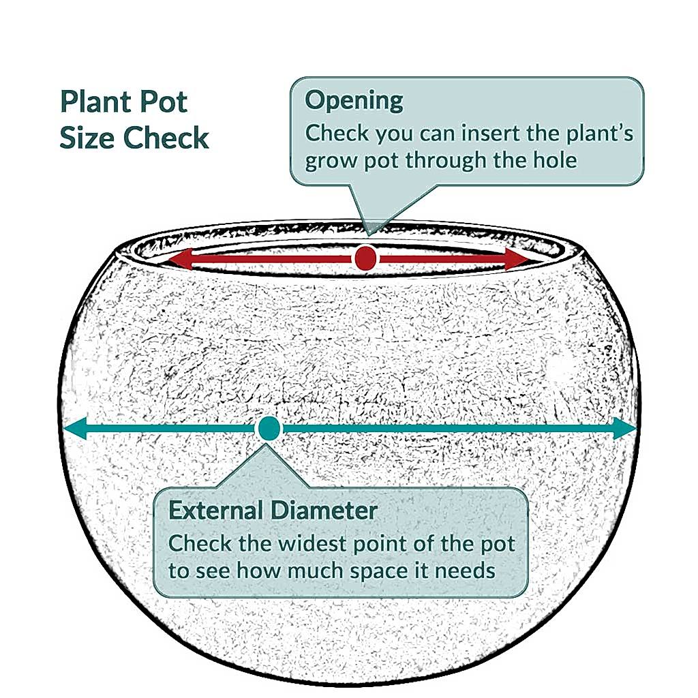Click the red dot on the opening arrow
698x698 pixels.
tap(365, 258)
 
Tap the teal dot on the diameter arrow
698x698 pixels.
tap(269, 428)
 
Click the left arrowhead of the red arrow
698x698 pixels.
tap(180, 259)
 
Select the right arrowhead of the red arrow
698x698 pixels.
tap(517, 258)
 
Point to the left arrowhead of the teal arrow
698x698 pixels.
tap(75, 429)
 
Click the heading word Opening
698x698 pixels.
tap(354, 101)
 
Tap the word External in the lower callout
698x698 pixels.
tap(216, 510)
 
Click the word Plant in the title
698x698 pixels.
tap(94, 102)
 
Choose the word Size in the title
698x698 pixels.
tap(87, 138)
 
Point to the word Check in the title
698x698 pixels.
tap(166, 138)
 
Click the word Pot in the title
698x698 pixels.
tap(163, 102)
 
